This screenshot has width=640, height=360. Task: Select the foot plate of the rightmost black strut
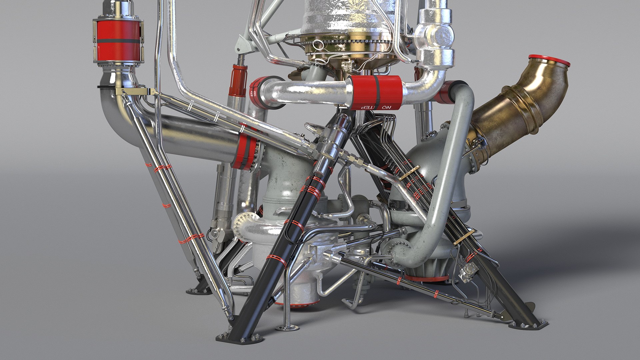click(530, 325)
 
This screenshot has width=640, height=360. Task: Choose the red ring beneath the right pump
click(427, 278)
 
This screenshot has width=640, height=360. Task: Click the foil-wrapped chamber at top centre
click(347, 17)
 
